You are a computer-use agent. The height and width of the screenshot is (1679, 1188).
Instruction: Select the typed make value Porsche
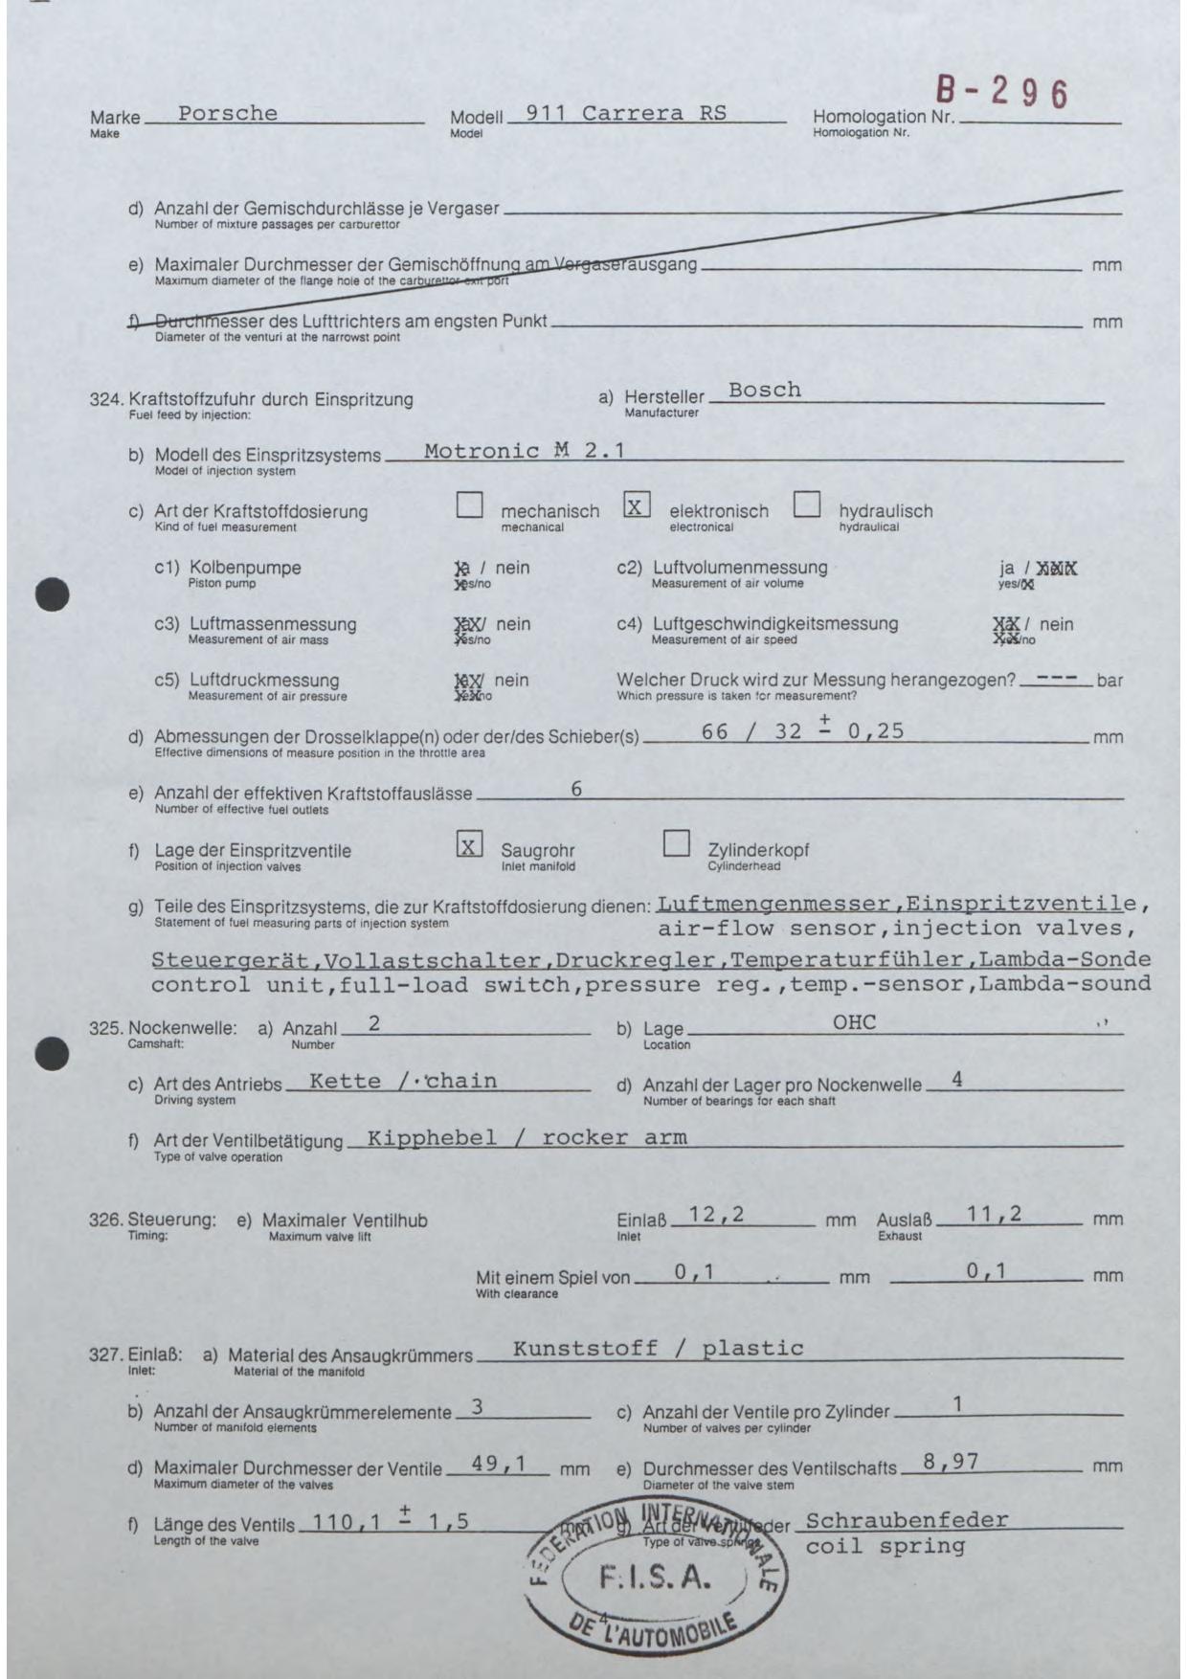(x=227, y=113)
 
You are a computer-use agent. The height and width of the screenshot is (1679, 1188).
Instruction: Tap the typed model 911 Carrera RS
(x=626, y=113)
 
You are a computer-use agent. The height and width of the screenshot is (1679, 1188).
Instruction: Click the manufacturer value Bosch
(x=764, y=390)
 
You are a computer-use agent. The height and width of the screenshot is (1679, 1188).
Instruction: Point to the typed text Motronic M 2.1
(x=524, y=451)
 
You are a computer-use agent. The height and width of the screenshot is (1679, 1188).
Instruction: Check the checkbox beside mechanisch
(x=469, y=504)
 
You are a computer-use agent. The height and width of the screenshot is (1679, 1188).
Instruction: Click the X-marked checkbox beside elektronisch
(x=637, y=504)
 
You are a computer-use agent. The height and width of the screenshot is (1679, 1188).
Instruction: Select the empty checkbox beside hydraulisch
(x=807, y=504)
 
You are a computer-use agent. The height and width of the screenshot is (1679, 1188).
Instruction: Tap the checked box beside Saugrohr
(x=469, y=844)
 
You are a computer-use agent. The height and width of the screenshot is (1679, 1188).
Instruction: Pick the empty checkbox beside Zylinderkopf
(x=676, y=843)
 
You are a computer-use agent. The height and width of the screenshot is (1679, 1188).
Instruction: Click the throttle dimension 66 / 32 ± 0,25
(x=802, y=730)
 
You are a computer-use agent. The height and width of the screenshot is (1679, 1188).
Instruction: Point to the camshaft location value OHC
(x=854, y=1022)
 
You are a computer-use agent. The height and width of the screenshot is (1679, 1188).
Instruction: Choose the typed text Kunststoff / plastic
(x=658, y=1349)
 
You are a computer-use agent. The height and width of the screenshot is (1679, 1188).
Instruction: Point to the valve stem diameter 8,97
(x=951, y=1462)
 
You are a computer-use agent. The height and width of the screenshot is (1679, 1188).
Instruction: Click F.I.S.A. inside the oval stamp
(x=655, y=1578)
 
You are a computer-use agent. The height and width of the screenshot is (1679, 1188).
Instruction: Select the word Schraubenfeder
(x=907, y=1520)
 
